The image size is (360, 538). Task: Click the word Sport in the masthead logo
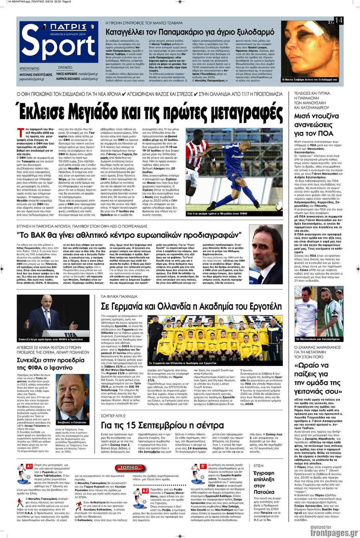tap(58, 47)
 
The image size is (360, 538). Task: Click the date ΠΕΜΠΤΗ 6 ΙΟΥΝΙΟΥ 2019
tap(59, 35)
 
